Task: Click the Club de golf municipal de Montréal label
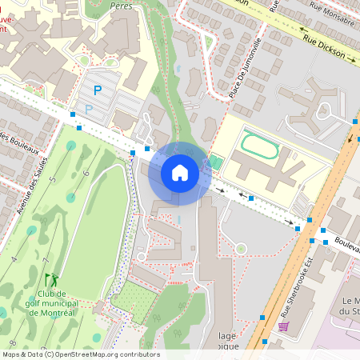tap(51, 303)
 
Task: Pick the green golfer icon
tap(53, 280)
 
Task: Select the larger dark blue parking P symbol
tap(98, 91)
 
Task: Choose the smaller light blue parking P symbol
tap(89, 109)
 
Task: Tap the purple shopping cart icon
tap(283, 326)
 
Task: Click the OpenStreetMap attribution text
tap(80, 354)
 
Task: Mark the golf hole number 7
tap(46, 261)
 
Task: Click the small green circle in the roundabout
tap(241, 249)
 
